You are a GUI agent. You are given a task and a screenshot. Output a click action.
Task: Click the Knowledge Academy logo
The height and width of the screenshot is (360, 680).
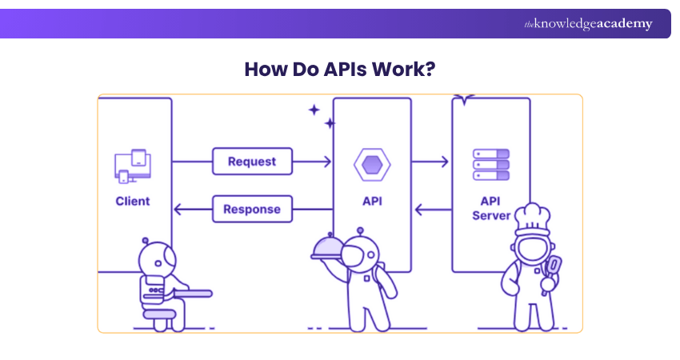click(x=588, y=24)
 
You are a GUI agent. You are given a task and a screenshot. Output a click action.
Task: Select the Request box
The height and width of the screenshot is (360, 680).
click(x=252, y=162)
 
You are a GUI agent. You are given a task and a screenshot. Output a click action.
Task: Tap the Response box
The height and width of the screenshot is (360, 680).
click(x=252, y=210)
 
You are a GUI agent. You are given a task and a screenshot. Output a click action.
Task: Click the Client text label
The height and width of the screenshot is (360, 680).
click(x=133, y=201)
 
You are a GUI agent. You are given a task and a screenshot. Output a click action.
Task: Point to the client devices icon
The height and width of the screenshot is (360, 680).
click(x=133, y=166)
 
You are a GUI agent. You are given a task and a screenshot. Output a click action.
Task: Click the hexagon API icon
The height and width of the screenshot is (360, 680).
click(x=372, y=165)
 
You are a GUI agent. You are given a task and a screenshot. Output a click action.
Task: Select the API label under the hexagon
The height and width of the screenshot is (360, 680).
click(x=372, y=201)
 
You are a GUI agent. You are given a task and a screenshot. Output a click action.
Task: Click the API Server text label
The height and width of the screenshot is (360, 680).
click(x=490, y=208)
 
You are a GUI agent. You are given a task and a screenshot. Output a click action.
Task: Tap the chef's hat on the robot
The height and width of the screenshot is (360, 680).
click(x=530, y=216)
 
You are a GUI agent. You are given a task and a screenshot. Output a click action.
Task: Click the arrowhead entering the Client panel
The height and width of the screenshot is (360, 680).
click(x=178, y=210)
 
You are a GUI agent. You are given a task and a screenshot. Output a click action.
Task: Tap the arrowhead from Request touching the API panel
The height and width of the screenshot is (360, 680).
click(x=326, y=162)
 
